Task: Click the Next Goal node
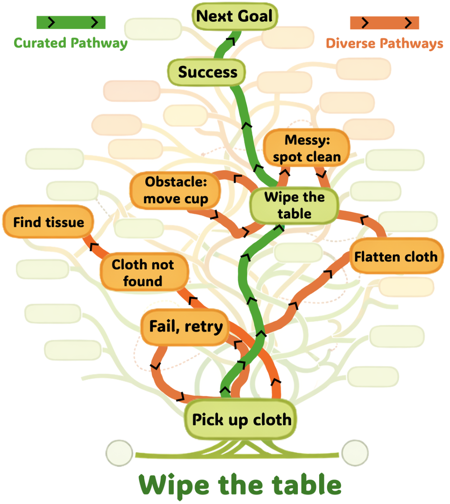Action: click(x=235, y=16)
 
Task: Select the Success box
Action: click(x=207, y=72)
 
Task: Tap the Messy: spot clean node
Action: click(x=306, y=148)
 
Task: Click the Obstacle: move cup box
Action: click(x=175, y=190)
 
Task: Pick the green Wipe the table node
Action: click(x=294, y=205)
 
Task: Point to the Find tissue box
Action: click(x=48, y=222)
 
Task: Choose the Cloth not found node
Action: click(x=143, y=273)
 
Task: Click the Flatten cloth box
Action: click(x=395, y=256)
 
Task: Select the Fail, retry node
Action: click(x=186, y=326)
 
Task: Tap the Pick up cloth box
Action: click(x=241, y=420)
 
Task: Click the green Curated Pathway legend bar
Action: click(x=71, y=22)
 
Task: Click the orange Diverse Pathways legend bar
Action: click(x=384, y=22)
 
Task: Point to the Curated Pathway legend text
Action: click(x=70, y=43)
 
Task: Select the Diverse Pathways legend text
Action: click(x=384, y=43)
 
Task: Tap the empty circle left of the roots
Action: click(x=120, y=453)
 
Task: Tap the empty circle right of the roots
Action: click(x=355, y=453)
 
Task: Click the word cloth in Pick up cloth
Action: click(x=272, y=420)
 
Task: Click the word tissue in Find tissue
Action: click(x=66, y=222)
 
